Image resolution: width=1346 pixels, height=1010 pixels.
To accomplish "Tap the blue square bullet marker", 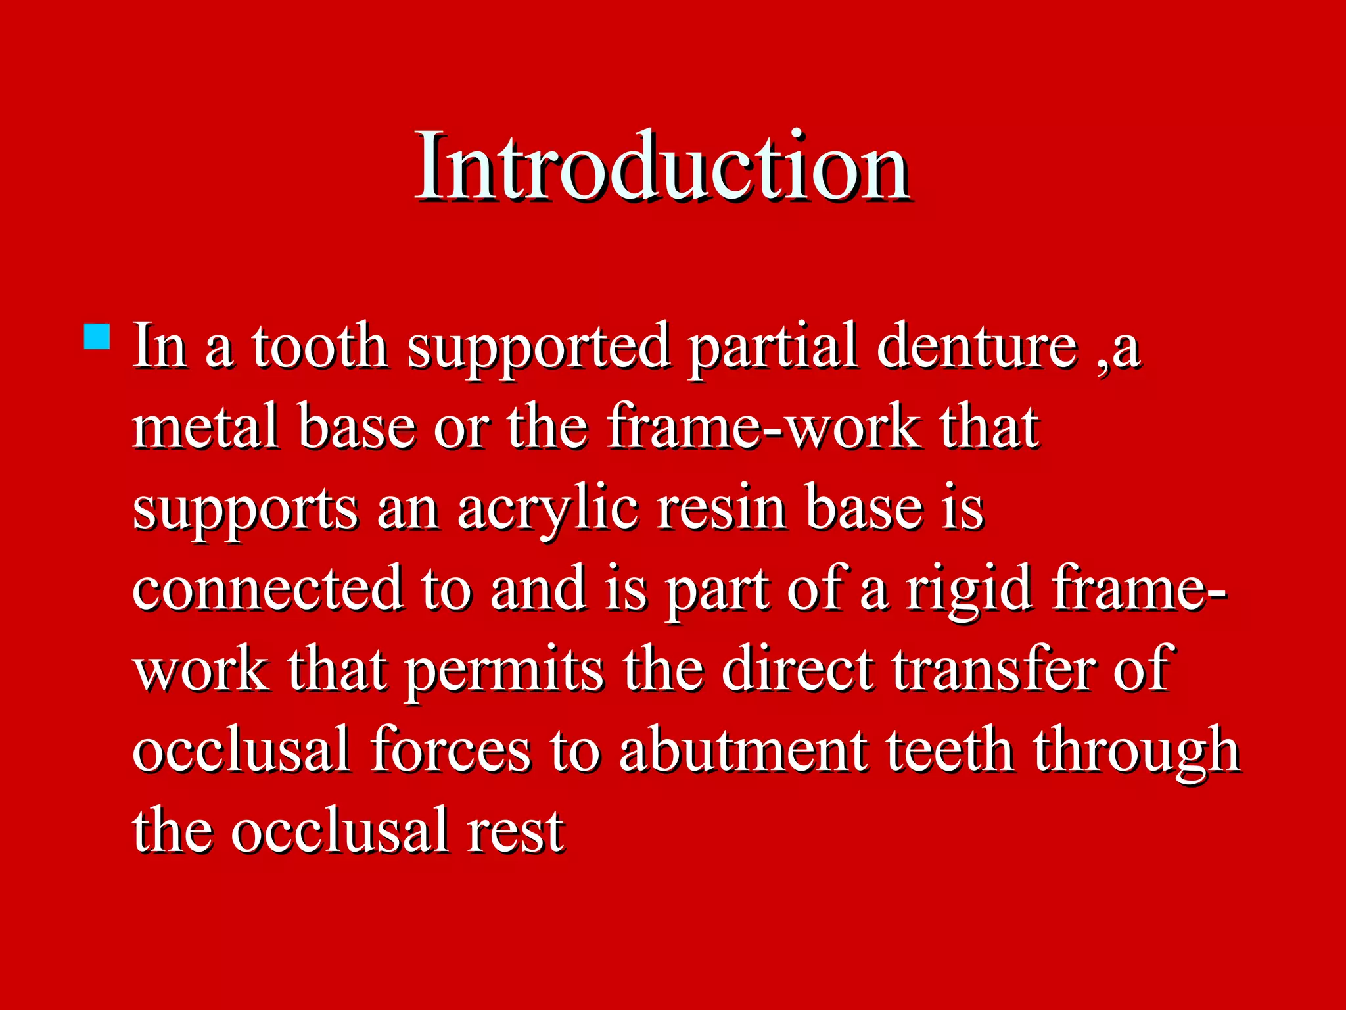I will tap(97, 336).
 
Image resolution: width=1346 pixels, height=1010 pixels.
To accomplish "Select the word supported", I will tap(539, 349).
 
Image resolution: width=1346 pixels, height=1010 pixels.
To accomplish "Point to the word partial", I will tap(774, 348).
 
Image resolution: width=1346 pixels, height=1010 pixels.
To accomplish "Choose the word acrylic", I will tap(547, 510).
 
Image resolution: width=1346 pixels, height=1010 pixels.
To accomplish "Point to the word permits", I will tap(504, 671).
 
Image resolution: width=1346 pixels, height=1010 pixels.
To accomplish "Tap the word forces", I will tap(450, 750).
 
